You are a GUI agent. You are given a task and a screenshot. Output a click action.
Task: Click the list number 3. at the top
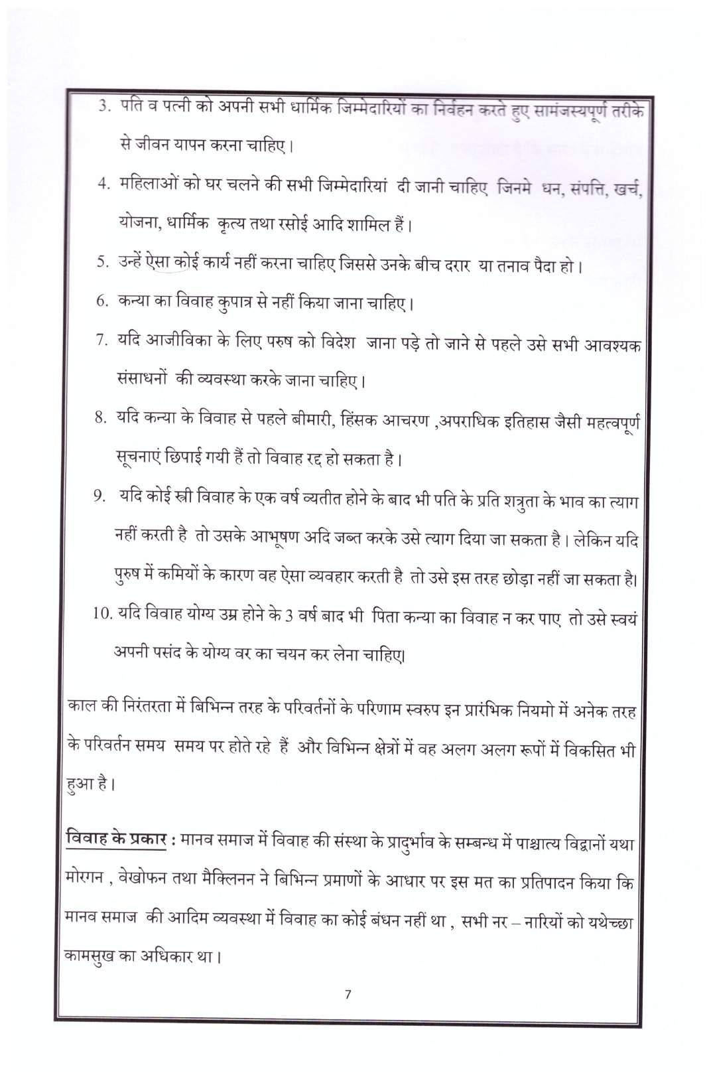click(x=103, y=106)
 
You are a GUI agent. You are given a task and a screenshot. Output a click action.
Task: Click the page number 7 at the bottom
click(x=348, y=993)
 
